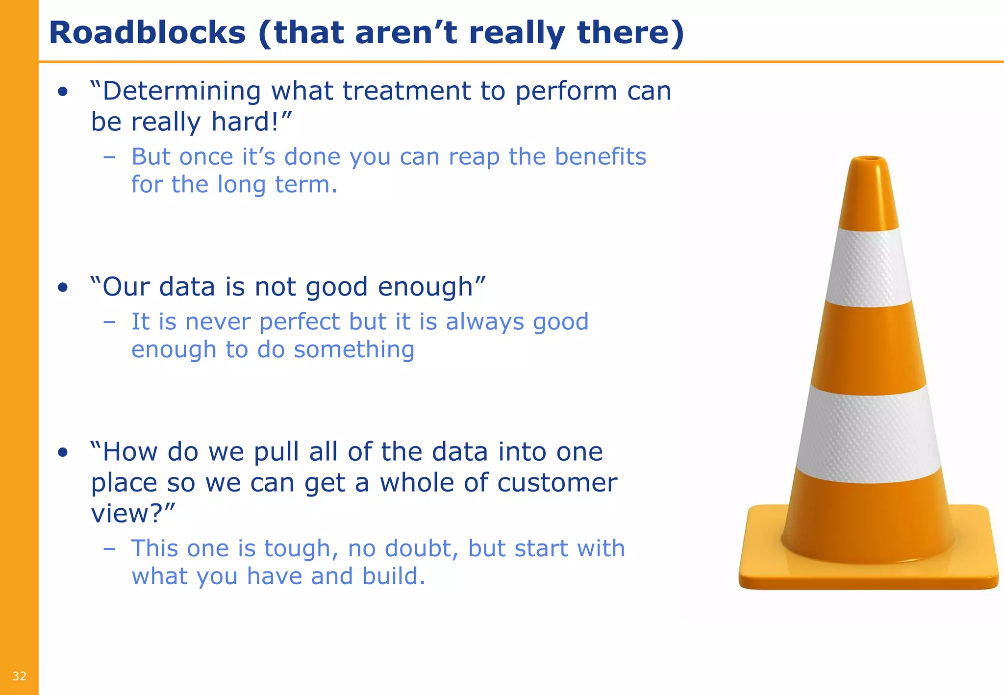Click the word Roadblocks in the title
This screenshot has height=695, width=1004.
point(147,33)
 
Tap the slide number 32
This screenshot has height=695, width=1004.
point(19,676)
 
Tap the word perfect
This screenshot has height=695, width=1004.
point(299,323)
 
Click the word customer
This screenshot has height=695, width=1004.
point(557,483)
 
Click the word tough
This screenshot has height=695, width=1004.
point(301,549)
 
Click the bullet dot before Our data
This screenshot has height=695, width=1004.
point(63,288)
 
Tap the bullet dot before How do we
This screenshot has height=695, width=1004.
point(63,452)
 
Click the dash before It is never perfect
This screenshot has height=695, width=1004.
point(109,323)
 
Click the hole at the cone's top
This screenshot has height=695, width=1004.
point(868,159)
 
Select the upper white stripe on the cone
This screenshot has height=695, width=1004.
point(868,267)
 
